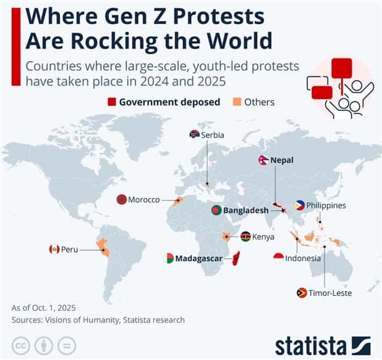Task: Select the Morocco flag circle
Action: point(121,200)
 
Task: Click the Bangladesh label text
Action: point(246,210)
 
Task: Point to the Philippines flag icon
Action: point(300,206)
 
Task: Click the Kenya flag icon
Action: point(245,236)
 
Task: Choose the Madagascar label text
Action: point(198,258)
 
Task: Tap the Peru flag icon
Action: point(54,249)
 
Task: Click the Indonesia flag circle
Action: point(278,258)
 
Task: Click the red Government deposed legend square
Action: point(112,102)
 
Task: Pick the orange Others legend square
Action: point(237,102)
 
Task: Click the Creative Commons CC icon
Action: point(22,344)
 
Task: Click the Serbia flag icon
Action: point(194,135)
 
